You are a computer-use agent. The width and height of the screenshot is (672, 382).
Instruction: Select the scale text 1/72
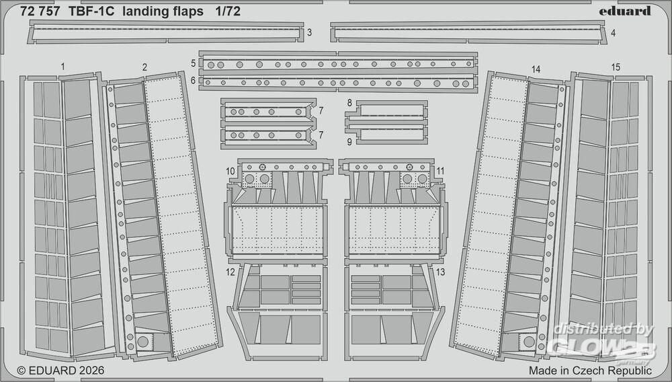tap(225, 11)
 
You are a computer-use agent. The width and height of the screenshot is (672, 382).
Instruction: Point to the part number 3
tap(309, 32)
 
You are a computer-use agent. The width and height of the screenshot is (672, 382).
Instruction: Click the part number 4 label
tap(613, 32)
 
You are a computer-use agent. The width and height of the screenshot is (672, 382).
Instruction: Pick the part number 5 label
tap(193, 63)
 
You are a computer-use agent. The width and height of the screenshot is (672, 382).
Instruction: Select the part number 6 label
tap(193, 80)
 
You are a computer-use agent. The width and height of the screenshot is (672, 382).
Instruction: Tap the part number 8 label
tap(349, 102)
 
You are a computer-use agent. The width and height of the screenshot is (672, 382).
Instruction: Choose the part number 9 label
tap(349, 143)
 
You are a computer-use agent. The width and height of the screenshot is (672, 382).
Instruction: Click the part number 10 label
tap(230, 171)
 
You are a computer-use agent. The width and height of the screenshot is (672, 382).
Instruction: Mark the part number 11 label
tap(440, 171)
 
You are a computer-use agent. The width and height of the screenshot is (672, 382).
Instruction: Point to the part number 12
tap(230, 272)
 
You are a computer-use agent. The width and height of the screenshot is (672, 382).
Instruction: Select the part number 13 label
tap(441, 272)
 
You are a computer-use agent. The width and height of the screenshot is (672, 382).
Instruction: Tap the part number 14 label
tap(536, 69)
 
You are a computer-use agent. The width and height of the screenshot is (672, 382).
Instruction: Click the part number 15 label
tap(616, 67)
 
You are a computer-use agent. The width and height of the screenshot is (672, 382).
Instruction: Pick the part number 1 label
tap(62, 67)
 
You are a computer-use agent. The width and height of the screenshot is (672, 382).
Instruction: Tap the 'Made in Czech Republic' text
tap(590, 370)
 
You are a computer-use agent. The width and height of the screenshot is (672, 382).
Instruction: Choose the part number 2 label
tap(144, 67)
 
